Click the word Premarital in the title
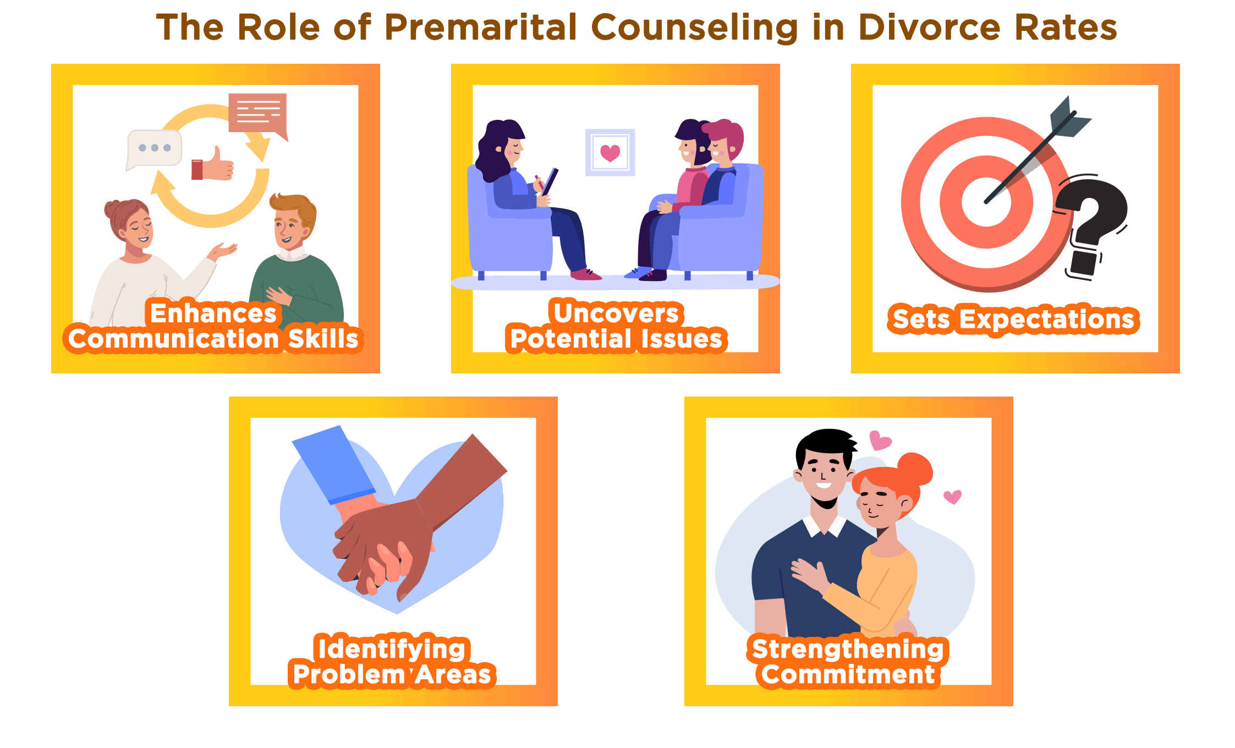point(480,27)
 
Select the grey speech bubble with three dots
point(154,149)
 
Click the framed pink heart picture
point(610,152)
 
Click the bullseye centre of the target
point(986,202)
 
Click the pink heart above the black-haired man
point(880,441)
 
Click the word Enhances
point(213,313)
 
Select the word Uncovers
point(616,313)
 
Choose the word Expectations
point(1047,320)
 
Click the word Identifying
point(392,649)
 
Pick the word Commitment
point(848,674)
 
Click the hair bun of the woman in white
point(112,209)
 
